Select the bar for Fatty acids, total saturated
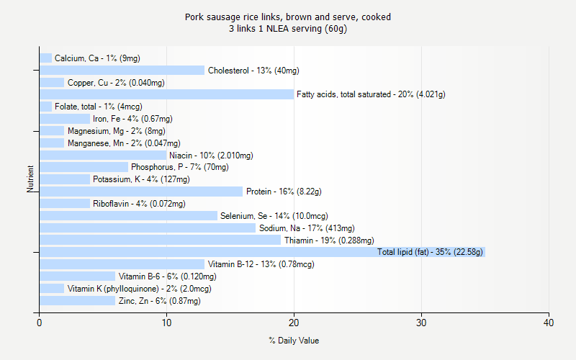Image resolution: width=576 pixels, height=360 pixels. (x=166, y=94)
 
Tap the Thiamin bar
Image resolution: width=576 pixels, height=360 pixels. (x=160, y=240)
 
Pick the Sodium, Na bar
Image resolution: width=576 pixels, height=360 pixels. (x=147, y=228)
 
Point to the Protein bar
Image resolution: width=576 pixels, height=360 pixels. (x=141, y=192)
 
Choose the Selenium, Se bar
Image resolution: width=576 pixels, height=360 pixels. (x=128, y=215)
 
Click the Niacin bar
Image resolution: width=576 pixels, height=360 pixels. (x=103, y=155)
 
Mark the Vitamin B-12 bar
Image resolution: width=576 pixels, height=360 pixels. (x=122, y=264)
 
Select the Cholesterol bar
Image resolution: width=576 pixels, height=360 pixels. (x=122, y=70)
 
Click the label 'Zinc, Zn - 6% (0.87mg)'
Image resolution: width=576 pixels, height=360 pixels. (x=159, y=301)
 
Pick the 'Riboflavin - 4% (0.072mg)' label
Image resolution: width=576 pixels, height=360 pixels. (x=139, y=204)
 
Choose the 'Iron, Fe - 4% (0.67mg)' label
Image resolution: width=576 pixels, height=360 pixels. (x=132, y=119)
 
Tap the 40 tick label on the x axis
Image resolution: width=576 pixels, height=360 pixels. (x=549, y=322)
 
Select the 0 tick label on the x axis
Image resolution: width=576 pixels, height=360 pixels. (x=39, y=322)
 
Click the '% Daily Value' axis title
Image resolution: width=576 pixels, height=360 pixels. (x=294, y=341)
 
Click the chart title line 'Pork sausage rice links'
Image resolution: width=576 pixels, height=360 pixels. (x=288, y=17)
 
